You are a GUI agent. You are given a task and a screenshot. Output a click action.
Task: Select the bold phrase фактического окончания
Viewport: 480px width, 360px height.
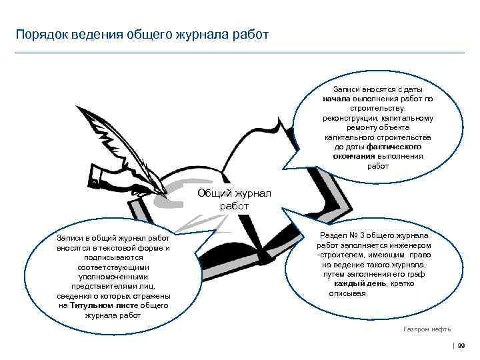pos(378,151)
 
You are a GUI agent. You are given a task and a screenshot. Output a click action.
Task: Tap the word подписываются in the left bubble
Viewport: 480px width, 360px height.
pos(113,257)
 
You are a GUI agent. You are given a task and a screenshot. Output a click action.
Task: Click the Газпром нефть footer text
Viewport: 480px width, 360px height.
pos(427,329)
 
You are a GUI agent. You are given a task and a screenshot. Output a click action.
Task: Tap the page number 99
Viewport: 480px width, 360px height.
pos(461,345)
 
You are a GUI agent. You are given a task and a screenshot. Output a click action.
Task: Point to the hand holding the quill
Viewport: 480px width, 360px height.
pos(110,178)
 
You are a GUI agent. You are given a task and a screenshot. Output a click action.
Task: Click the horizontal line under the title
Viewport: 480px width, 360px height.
pos(240,53)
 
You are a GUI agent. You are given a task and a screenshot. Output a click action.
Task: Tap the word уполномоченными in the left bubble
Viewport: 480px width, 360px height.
pos(113,276)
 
